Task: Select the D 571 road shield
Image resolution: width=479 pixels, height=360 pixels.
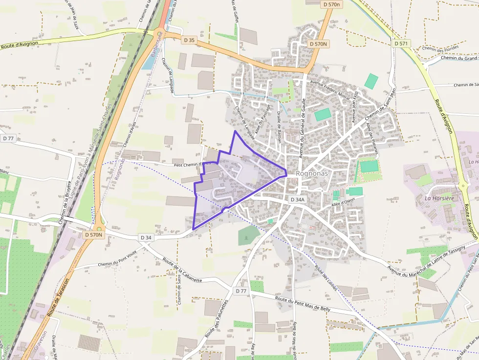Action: coord(401,43)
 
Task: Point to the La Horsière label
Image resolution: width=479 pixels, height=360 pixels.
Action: coord(439,198)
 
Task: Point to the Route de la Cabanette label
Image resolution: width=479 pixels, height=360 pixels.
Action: coord(182,270)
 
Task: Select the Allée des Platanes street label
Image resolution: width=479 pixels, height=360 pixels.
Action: coord(372,138)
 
